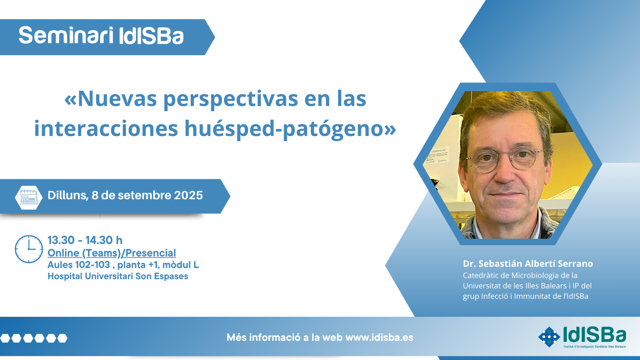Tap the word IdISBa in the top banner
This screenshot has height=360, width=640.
point(151,36)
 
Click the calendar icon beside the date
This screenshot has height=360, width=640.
point(28,198)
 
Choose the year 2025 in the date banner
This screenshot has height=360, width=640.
point(188,196)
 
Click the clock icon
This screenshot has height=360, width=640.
point(29,249)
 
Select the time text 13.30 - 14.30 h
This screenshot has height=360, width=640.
point(85,240)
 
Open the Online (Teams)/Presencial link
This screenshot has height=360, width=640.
point(112,253)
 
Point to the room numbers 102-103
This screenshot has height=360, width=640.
point(92,265)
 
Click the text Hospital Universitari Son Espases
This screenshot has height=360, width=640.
point(118,276)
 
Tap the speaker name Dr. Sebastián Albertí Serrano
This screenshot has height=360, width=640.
point(528,264)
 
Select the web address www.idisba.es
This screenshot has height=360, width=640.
point(379,338)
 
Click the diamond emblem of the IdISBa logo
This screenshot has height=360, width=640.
point(549,337)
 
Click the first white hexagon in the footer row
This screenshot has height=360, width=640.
point(5,338)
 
